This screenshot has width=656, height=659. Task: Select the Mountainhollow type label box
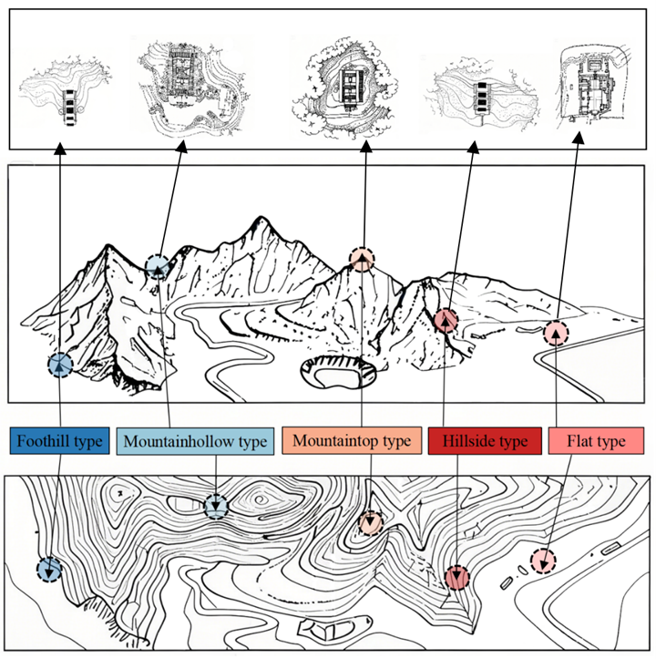coord(194,442)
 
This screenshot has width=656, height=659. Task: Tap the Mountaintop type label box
coord(352,441)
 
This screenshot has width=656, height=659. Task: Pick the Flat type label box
coord(596,442)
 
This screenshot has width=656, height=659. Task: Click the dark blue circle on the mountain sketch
coord(60,365)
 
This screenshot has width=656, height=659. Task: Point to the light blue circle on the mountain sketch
coord(158,266)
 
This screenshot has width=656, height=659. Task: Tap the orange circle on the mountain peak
coord(362,261)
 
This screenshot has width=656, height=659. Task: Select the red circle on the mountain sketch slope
coord(446,320)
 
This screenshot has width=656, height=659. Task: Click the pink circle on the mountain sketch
coord(556,334)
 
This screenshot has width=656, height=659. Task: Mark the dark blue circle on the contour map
coord(49,570)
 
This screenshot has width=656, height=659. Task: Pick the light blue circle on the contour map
coord(216,506)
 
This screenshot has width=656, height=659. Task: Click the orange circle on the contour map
coord(370,523)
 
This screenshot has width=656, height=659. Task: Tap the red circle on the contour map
coord(457,577)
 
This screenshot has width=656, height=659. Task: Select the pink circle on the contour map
coord(543,561)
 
